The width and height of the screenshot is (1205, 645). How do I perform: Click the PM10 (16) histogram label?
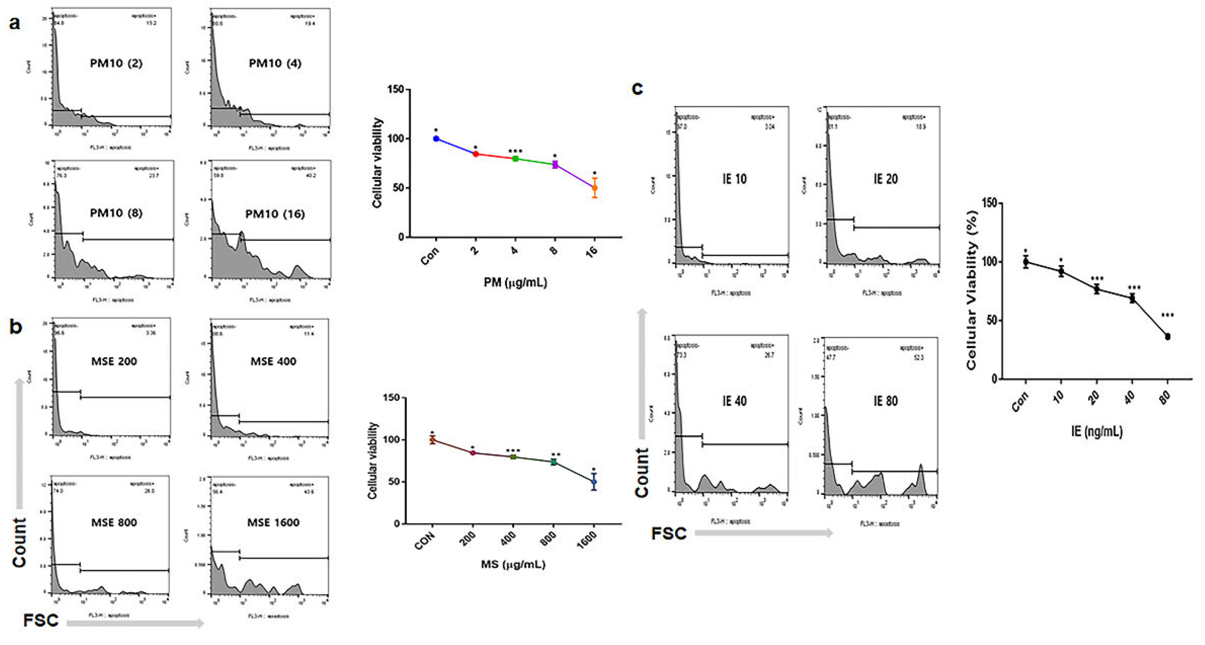[x=275, y=214]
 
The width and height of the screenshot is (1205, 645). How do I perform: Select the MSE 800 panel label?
[x=114, y=522]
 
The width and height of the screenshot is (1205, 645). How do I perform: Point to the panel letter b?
[x=15, y=327]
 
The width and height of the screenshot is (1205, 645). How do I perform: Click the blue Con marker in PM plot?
[x=436, y=139]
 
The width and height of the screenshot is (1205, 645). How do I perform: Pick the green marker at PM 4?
[x=516, y=159]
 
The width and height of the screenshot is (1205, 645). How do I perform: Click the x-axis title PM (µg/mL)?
[x=515, y=282]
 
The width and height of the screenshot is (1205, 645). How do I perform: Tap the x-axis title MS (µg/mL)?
[x=513, y=565]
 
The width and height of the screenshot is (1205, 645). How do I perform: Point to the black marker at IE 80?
[x=1168, y=337]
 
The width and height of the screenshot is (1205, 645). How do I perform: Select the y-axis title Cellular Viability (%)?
[x=971, y=290]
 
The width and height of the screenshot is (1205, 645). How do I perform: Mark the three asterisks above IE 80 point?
[x=1168, y=315]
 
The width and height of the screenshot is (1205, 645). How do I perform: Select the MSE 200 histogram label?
[x=114, y=361]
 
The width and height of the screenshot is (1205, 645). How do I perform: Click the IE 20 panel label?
[x=885, y=179]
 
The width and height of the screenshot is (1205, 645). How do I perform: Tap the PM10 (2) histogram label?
[x=116, y=63]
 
